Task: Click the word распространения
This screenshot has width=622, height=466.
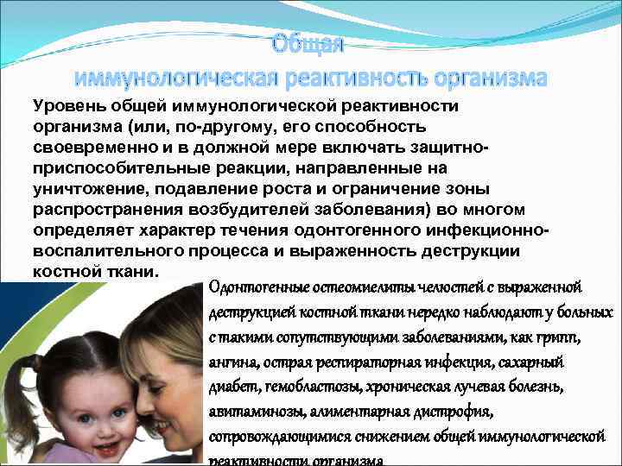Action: click(105, 211)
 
